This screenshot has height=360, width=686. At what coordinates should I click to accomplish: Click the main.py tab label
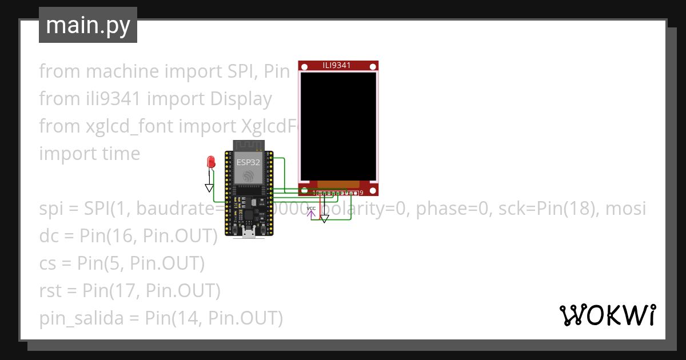87,25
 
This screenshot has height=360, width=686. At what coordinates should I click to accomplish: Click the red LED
210,162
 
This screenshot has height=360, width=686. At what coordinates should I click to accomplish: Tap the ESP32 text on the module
249,162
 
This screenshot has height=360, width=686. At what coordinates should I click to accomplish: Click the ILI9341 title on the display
337,65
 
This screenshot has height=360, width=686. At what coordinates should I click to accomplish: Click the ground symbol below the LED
209,187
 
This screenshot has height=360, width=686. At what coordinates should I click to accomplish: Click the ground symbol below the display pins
324,218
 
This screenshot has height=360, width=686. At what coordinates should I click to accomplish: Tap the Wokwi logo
607,315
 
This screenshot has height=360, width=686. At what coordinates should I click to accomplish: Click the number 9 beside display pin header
361,193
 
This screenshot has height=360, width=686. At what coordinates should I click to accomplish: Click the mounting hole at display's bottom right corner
372,190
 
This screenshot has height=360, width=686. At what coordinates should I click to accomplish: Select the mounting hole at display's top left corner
304,67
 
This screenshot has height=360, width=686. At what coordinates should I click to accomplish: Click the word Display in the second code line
240,99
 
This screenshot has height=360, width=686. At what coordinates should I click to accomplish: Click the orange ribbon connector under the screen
338,185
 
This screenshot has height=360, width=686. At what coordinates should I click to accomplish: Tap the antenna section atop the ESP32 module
249,145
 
